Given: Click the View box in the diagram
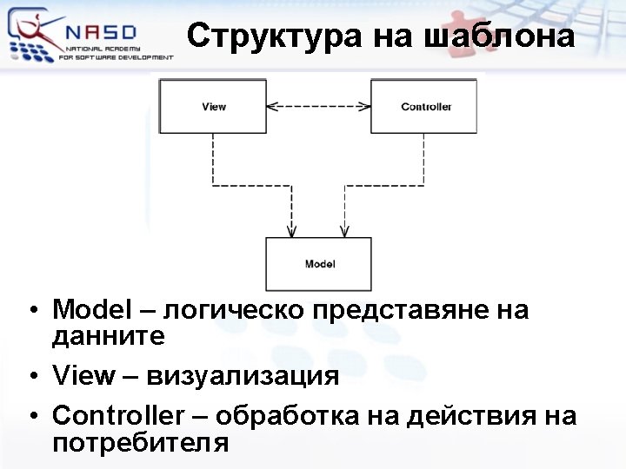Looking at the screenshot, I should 213,106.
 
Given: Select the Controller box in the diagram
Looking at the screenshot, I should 425,106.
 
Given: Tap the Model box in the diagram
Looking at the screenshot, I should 319,263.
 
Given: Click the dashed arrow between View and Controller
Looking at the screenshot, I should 318,106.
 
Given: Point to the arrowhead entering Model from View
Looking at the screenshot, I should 291,231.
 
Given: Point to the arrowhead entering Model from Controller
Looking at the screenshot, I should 345,231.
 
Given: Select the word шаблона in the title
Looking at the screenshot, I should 498,36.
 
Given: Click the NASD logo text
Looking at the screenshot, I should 101,33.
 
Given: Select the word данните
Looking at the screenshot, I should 109,335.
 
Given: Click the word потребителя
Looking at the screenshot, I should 141,442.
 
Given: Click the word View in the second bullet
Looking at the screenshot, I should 83,375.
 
